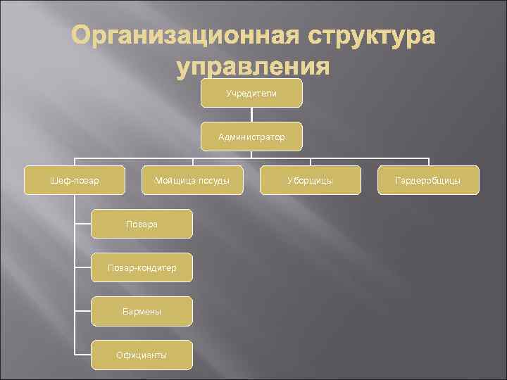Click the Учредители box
click(251, 93)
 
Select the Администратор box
click(251, 137)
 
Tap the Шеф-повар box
click(75, 180)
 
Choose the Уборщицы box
click(310, 180)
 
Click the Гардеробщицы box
click(427, 180)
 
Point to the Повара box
click(142, 224)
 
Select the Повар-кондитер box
click(142, 267)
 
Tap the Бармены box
click(142, 311)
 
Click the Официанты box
click(142, 355)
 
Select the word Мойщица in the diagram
click(174, 181)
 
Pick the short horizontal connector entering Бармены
click(82, 311)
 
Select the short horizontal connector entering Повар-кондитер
click(82, 267)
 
